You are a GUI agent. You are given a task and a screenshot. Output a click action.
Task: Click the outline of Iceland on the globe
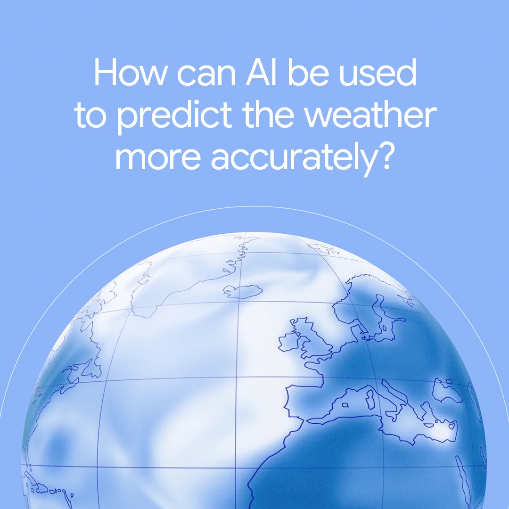pyautogui.click(x=242, y=291)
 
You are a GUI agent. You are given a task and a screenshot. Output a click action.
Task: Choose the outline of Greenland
pyautogui.click(x=189, y=278)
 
